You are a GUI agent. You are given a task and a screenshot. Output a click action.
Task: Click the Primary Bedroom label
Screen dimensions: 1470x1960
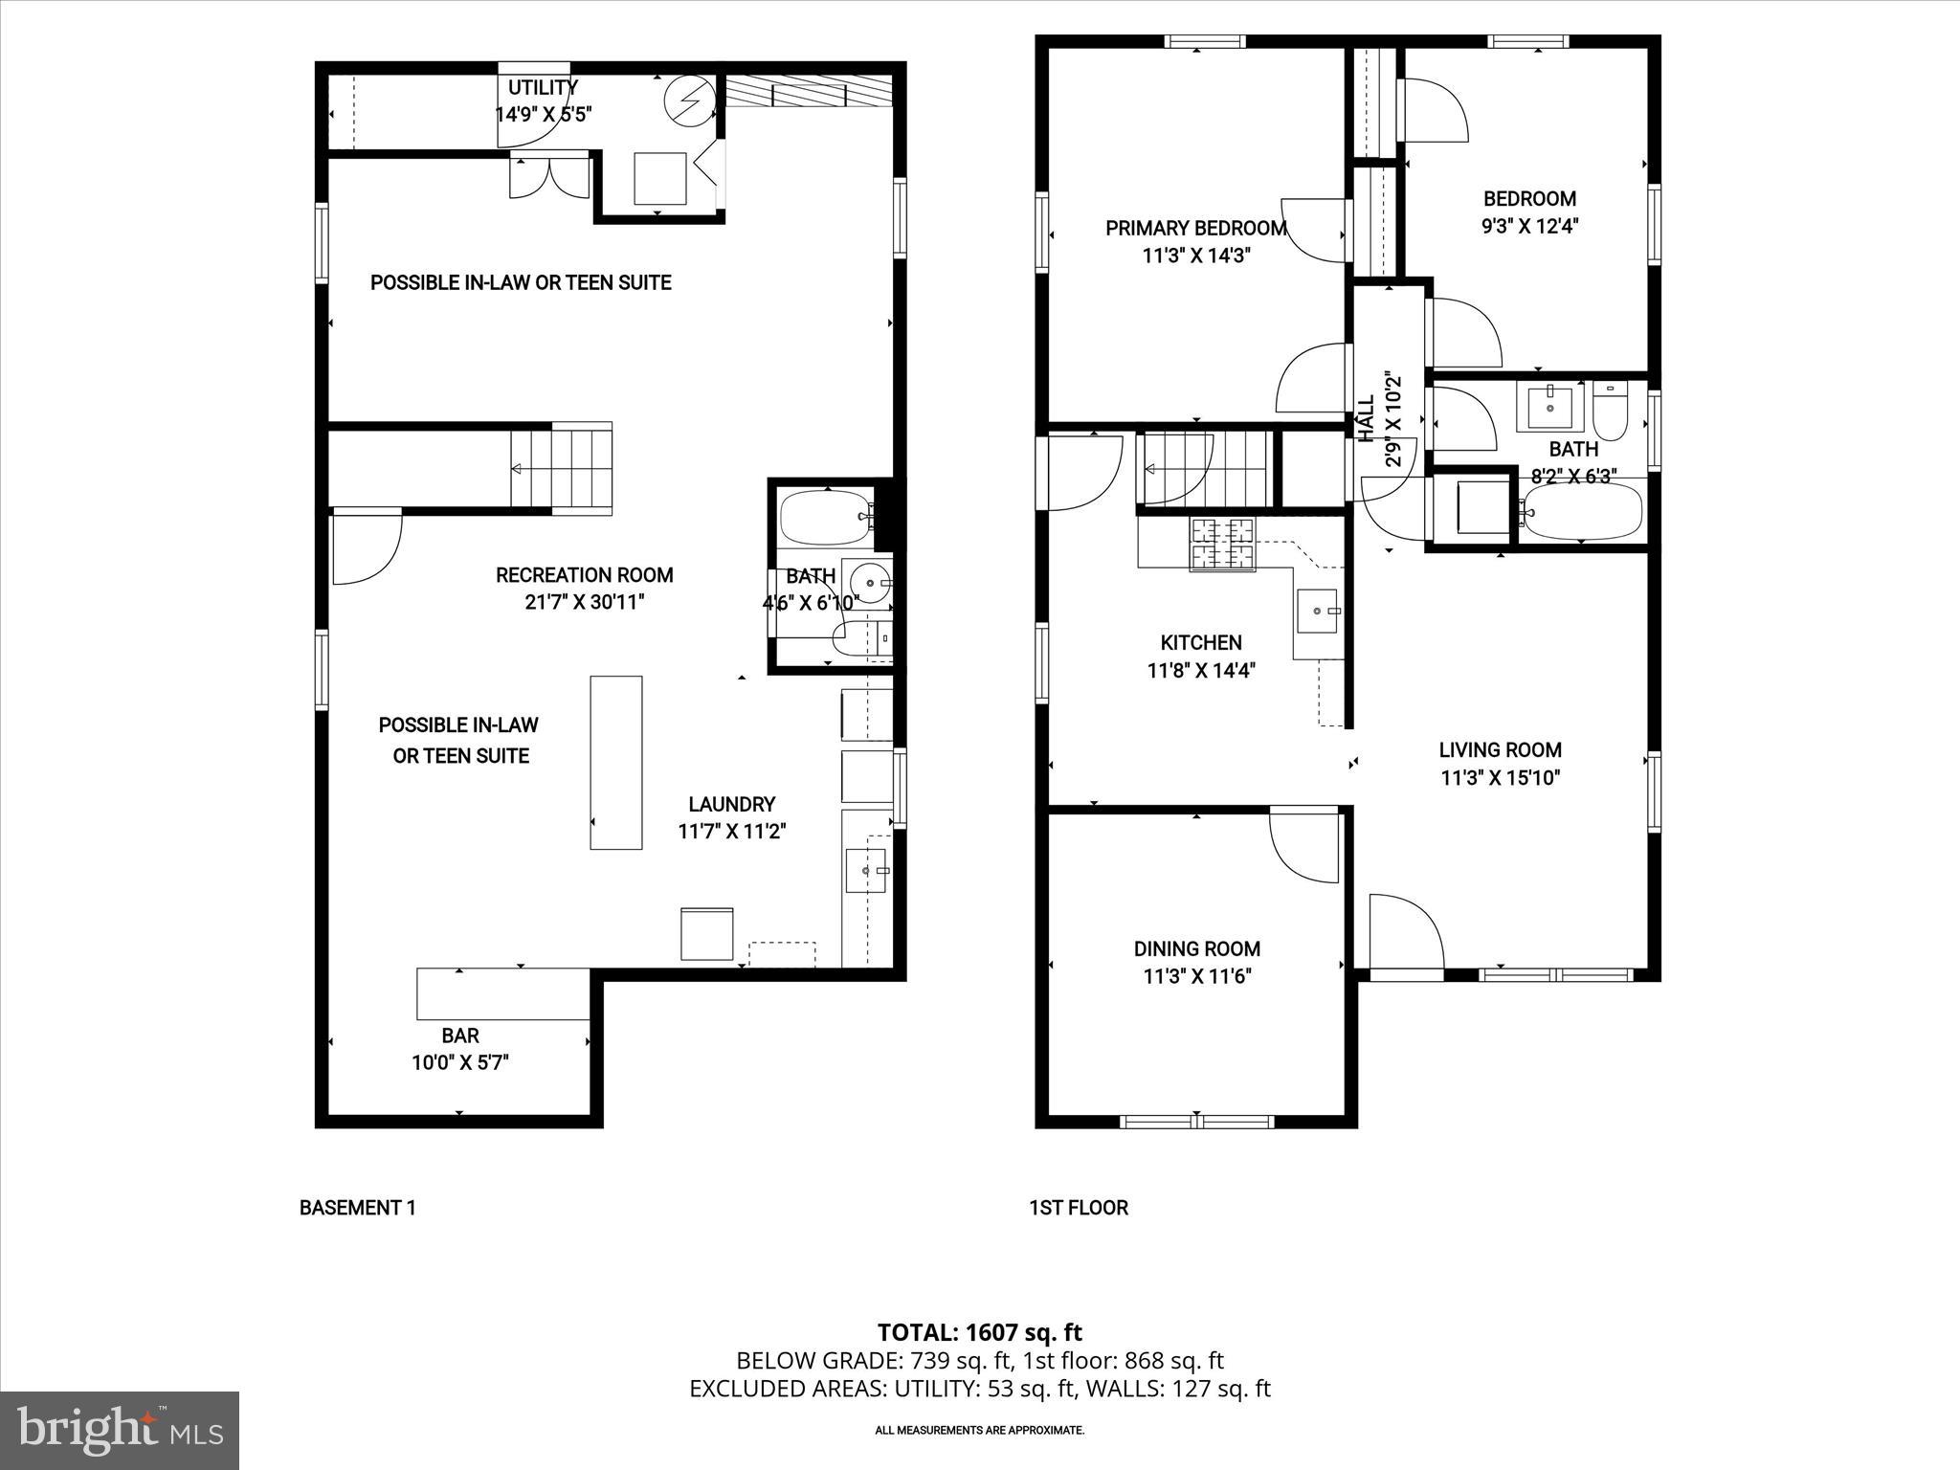[x=1195, y=228]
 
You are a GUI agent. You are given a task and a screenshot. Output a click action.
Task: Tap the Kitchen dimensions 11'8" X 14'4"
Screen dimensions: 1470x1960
[x=1201, y=671]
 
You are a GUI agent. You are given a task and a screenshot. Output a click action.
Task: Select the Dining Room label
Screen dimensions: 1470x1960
[x=1196, y=948]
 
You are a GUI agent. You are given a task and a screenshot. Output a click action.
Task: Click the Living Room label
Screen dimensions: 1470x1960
[x=1500, y=750]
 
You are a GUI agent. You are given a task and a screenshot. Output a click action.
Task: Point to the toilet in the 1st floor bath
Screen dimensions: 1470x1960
[x=1610, y=411]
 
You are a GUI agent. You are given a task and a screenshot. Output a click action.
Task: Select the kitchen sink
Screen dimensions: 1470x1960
[x=1319, y=611]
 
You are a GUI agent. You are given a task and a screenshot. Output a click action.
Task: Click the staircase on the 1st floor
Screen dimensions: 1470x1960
[x=1204, y=469]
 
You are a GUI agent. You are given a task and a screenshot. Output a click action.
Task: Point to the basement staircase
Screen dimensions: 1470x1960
[x=562, y=468]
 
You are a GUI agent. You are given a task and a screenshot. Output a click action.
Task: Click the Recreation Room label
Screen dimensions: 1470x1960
[x=584, y=575]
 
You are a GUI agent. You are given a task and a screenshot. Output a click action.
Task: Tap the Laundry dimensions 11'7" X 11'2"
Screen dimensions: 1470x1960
[x=731, y=832]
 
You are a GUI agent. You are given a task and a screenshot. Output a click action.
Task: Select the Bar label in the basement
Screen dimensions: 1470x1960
[x=460, y=1036]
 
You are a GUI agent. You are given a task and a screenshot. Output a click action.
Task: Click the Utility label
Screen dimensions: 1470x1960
[x=543, y=88]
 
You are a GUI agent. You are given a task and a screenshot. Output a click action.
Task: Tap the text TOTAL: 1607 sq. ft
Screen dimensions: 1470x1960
[x=979, y=1332]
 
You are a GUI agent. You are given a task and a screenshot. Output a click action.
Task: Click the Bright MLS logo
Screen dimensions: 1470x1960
[x=120, y=1430]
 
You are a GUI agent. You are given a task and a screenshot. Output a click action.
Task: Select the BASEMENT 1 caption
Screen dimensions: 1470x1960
[x=357, y=1208]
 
